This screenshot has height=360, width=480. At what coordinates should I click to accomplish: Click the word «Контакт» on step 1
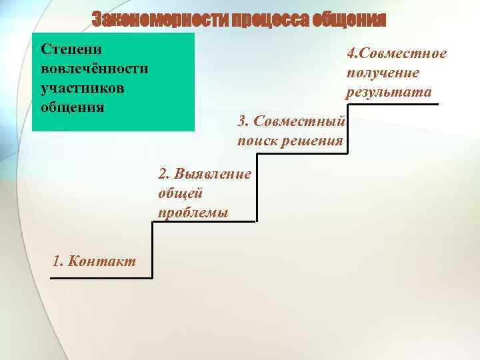pos(103,260)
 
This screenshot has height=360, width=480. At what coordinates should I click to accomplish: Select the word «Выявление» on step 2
pos(214,174)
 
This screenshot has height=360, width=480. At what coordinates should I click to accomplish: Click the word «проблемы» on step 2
pos(193,212)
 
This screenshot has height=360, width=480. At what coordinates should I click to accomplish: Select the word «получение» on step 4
pos(383,72)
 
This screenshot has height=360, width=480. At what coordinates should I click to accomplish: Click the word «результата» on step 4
pos(389,91)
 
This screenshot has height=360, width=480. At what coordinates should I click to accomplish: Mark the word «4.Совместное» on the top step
pos(397,53)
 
